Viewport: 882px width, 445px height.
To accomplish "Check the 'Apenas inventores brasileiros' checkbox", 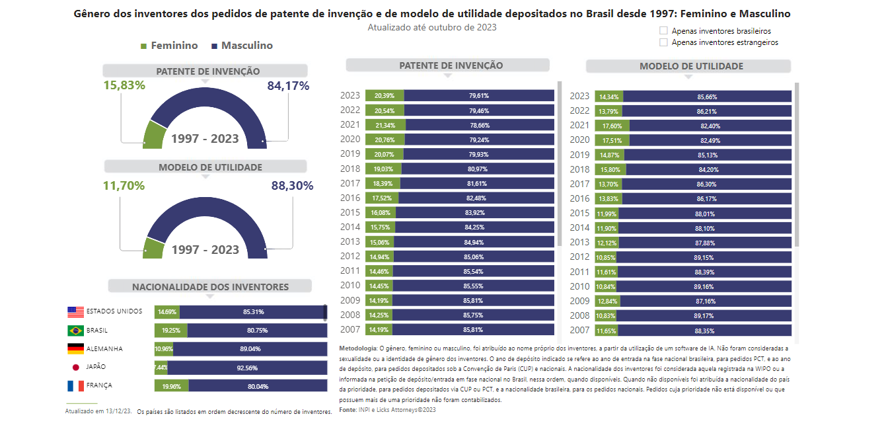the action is click(663, 30).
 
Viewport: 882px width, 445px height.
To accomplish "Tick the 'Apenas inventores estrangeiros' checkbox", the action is click(663, 42).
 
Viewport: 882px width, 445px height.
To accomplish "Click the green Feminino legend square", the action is click(144, 46).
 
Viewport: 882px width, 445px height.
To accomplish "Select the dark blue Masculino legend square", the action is click(214, 46).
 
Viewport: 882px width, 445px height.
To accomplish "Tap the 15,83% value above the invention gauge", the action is click(124, 85).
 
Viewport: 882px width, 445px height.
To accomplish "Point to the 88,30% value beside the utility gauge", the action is click(292, 186).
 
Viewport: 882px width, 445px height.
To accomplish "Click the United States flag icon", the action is click(75, 312).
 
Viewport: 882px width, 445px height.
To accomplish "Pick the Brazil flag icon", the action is click(75, 331).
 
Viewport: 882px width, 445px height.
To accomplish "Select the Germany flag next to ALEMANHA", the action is click(75, 349).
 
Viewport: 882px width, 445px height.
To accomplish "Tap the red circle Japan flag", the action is click(76, 368).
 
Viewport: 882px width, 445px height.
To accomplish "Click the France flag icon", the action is click(75, 386).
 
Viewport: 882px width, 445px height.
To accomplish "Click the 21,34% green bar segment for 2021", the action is click(385, 126).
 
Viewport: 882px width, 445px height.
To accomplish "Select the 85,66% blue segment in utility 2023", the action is click(707, 97).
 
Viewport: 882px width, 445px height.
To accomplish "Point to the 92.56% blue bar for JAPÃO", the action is click(247, 368).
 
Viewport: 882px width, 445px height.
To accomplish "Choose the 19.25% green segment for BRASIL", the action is click(171, 331).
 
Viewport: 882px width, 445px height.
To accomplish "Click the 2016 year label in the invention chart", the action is click(350, 198).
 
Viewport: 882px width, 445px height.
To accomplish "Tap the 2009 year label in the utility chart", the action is click(579, 301).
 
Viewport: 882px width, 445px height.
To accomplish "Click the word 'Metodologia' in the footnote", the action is click(358, 348).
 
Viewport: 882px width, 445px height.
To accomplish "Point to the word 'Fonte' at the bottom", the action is click(348, 410).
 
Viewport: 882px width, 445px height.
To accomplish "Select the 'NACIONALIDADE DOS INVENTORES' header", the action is click(210, 286).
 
